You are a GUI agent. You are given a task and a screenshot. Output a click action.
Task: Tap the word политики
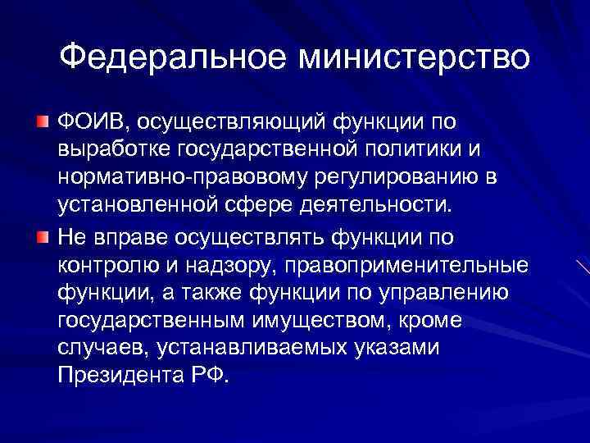[x=392, y=150]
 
